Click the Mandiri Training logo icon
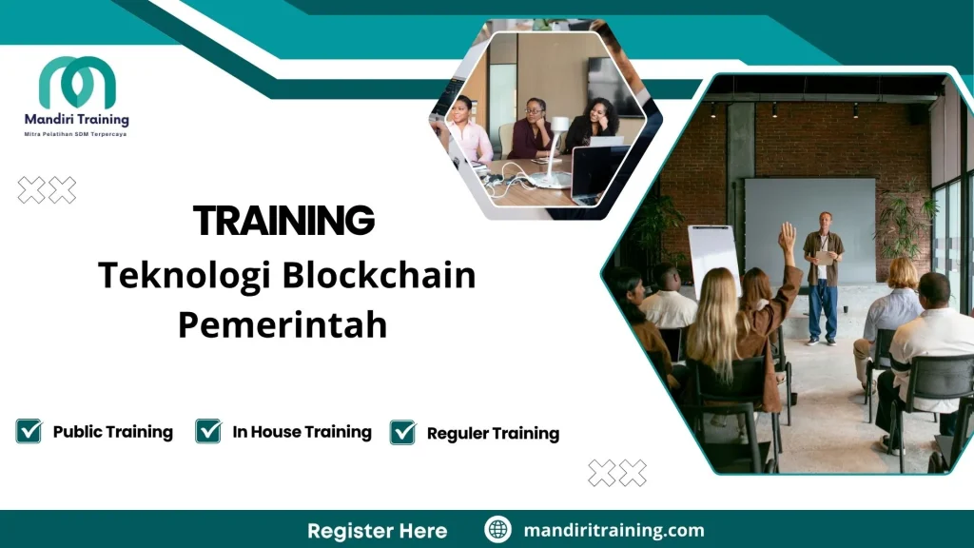(77, 83)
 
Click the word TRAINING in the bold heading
(283, 221)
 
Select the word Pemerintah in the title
(282, 324)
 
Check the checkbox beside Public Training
(29, 431)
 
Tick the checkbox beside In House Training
(208, 431)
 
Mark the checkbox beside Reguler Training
(402, 432)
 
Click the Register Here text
(377, 530)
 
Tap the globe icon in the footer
(497, 530)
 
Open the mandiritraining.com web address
(614, 530)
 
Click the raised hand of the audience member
(787, 236)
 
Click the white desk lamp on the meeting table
(557, 143)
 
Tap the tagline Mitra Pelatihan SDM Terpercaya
(75, 134)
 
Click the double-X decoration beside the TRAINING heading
(47, 190)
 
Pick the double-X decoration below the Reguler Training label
(617, 473)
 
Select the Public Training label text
(112, 431)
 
